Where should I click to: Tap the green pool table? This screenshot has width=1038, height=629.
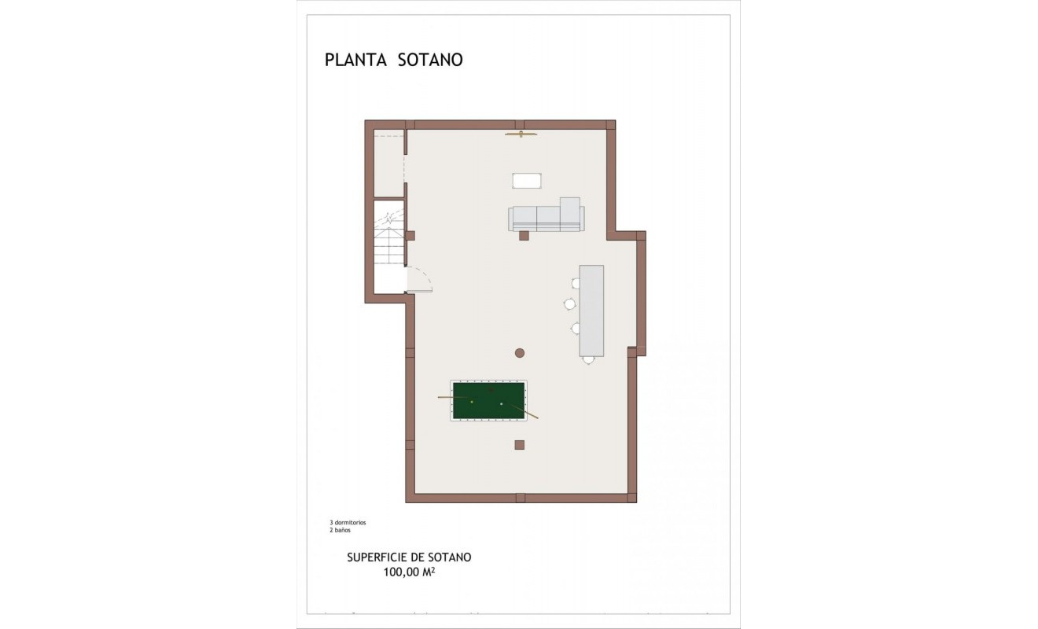click(x=488, y=400)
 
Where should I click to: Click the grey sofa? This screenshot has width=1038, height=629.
click(x=546, y=217)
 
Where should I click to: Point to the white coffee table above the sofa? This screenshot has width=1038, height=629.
click(x=527, y=181)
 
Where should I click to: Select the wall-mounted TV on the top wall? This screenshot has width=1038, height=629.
click(x=521, y=134)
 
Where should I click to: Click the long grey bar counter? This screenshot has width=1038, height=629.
click(x=591, y=311)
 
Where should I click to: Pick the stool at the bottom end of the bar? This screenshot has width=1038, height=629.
click(x=588, y=360)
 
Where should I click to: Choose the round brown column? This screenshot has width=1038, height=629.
click(x=520, y=353)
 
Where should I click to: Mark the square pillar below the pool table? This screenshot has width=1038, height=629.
click(x=519, y=444)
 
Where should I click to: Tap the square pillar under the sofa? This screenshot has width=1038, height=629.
click(x=525, y=234)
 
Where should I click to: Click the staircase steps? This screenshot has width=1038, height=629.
click(x=388, y=244)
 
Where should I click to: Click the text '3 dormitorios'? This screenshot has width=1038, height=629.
click(x=348, y=522)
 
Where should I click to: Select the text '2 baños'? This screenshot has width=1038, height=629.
click(x=340, y=531)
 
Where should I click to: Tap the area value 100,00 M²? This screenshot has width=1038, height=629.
click(x=409, y=573)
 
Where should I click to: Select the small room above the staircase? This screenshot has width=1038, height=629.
click(x=388, y=165)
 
